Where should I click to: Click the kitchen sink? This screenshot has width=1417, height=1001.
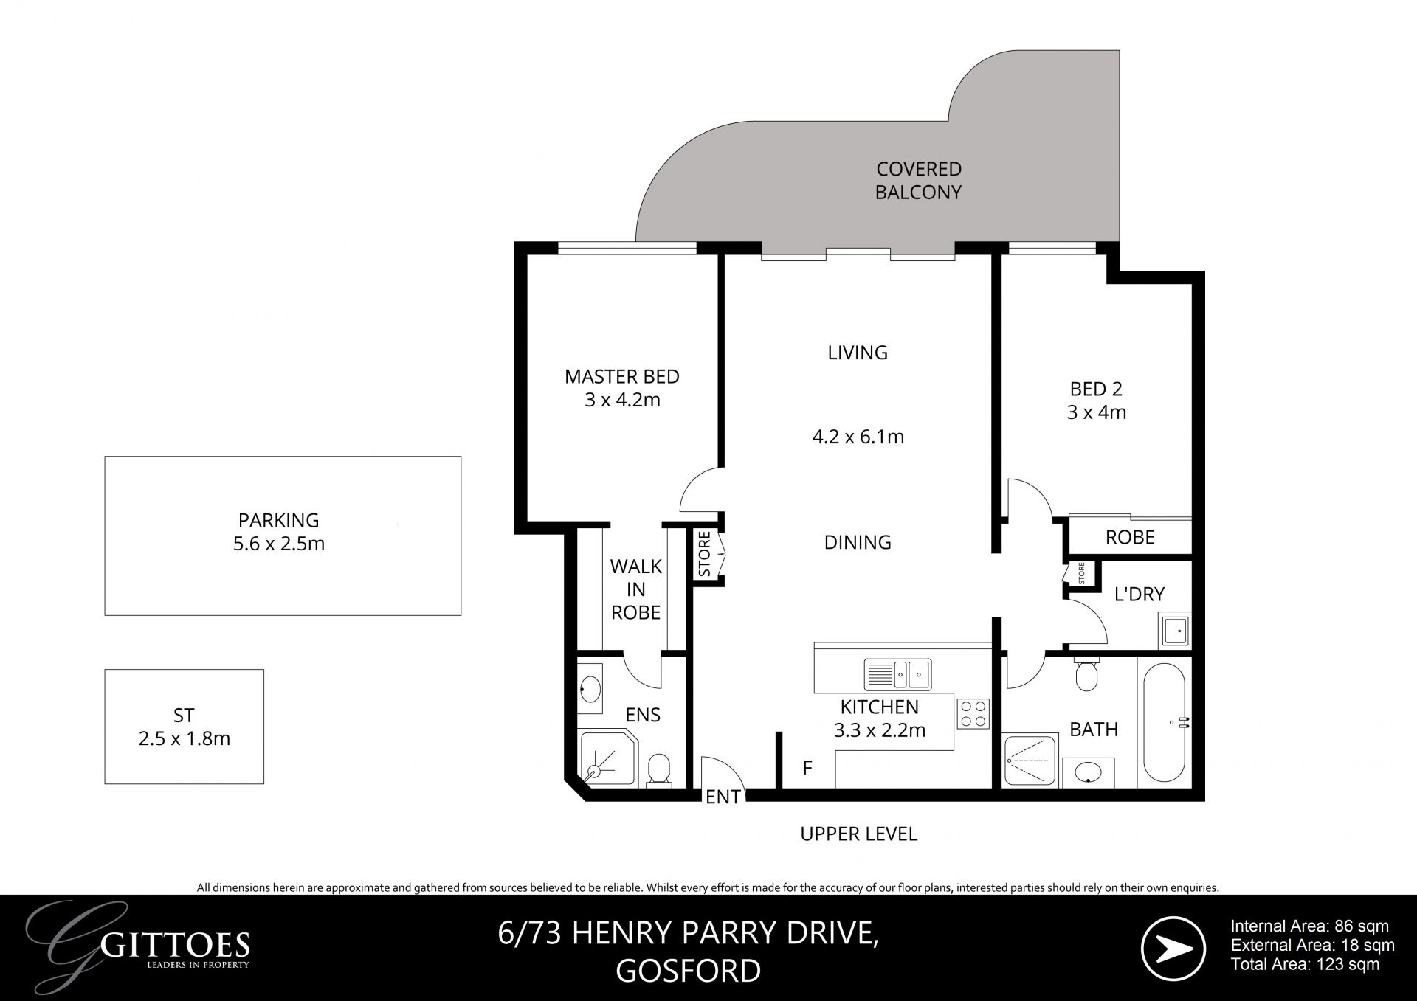[897, 673]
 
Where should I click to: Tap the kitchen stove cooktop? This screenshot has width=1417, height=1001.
[972, 713]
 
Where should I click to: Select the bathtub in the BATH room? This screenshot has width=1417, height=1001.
[1165, 723]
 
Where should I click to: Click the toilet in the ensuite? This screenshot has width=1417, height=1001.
[658, 770]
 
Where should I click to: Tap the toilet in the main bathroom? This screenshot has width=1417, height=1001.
[1086, 673]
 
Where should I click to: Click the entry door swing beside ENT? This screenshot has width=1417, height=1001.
[723, 775]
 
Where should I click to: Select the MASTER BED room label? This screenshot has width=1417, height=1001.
[622, 376]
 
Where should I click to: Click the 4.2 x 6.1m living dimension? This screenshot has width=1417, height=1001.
[858, 437]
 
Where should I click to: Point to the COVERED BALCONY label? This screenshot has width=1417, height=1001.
[919, 181]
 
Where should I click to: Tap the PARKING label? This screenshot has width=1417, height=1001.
[278, 520]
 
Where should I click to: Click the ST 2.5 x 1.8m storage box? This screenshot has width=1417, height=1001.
[185, 727]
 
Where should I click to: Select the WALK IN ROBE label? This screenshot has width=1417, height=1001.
[635, 589]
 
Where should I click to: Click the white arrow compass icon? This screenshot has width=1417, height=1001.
[1173, 949]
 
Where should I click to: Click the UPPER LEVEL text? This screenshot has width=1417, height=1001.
[859, 834]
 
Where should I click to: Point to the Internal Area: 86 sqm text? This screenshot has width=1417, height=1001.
[1310, 926]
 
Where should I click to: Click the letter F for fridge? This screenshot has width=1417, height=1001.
[807, 768]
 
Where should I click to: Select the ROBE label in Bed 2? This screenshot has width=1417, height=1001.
[1130, 538]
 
